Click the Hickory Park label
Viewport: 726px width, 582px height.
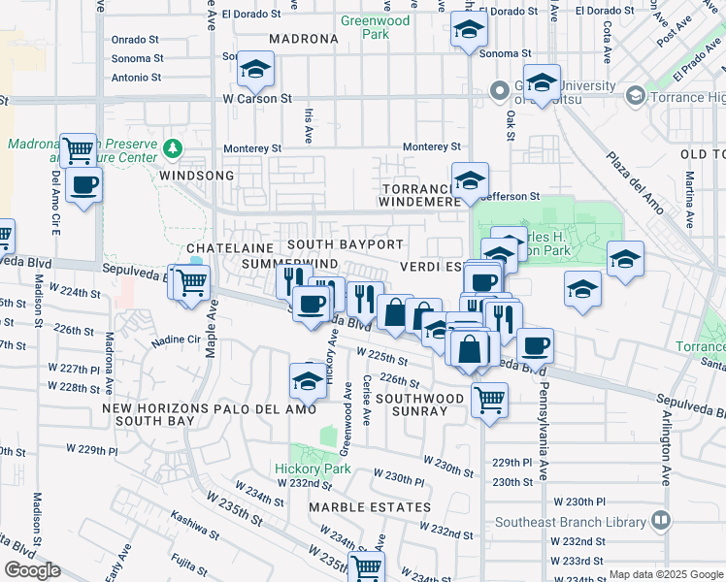(298, 469)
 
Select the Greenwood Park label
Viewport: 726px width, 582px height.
(375, 27)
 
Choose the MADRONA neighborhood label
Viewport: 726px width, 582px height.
(302, 40)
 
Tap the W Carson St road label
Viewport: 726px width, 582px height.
(257, 99)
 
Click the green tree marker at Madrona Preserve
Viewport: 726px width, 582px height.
(173, 147)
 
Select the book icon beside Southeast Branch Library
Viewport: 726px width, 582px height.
(662, 521)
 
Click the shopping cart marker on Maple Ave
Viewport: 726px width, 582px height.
(192, 282)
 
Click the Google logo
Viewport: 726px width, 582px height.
(32, 570)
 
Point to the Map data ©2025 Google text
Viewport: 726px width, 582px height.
(667, 574)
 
